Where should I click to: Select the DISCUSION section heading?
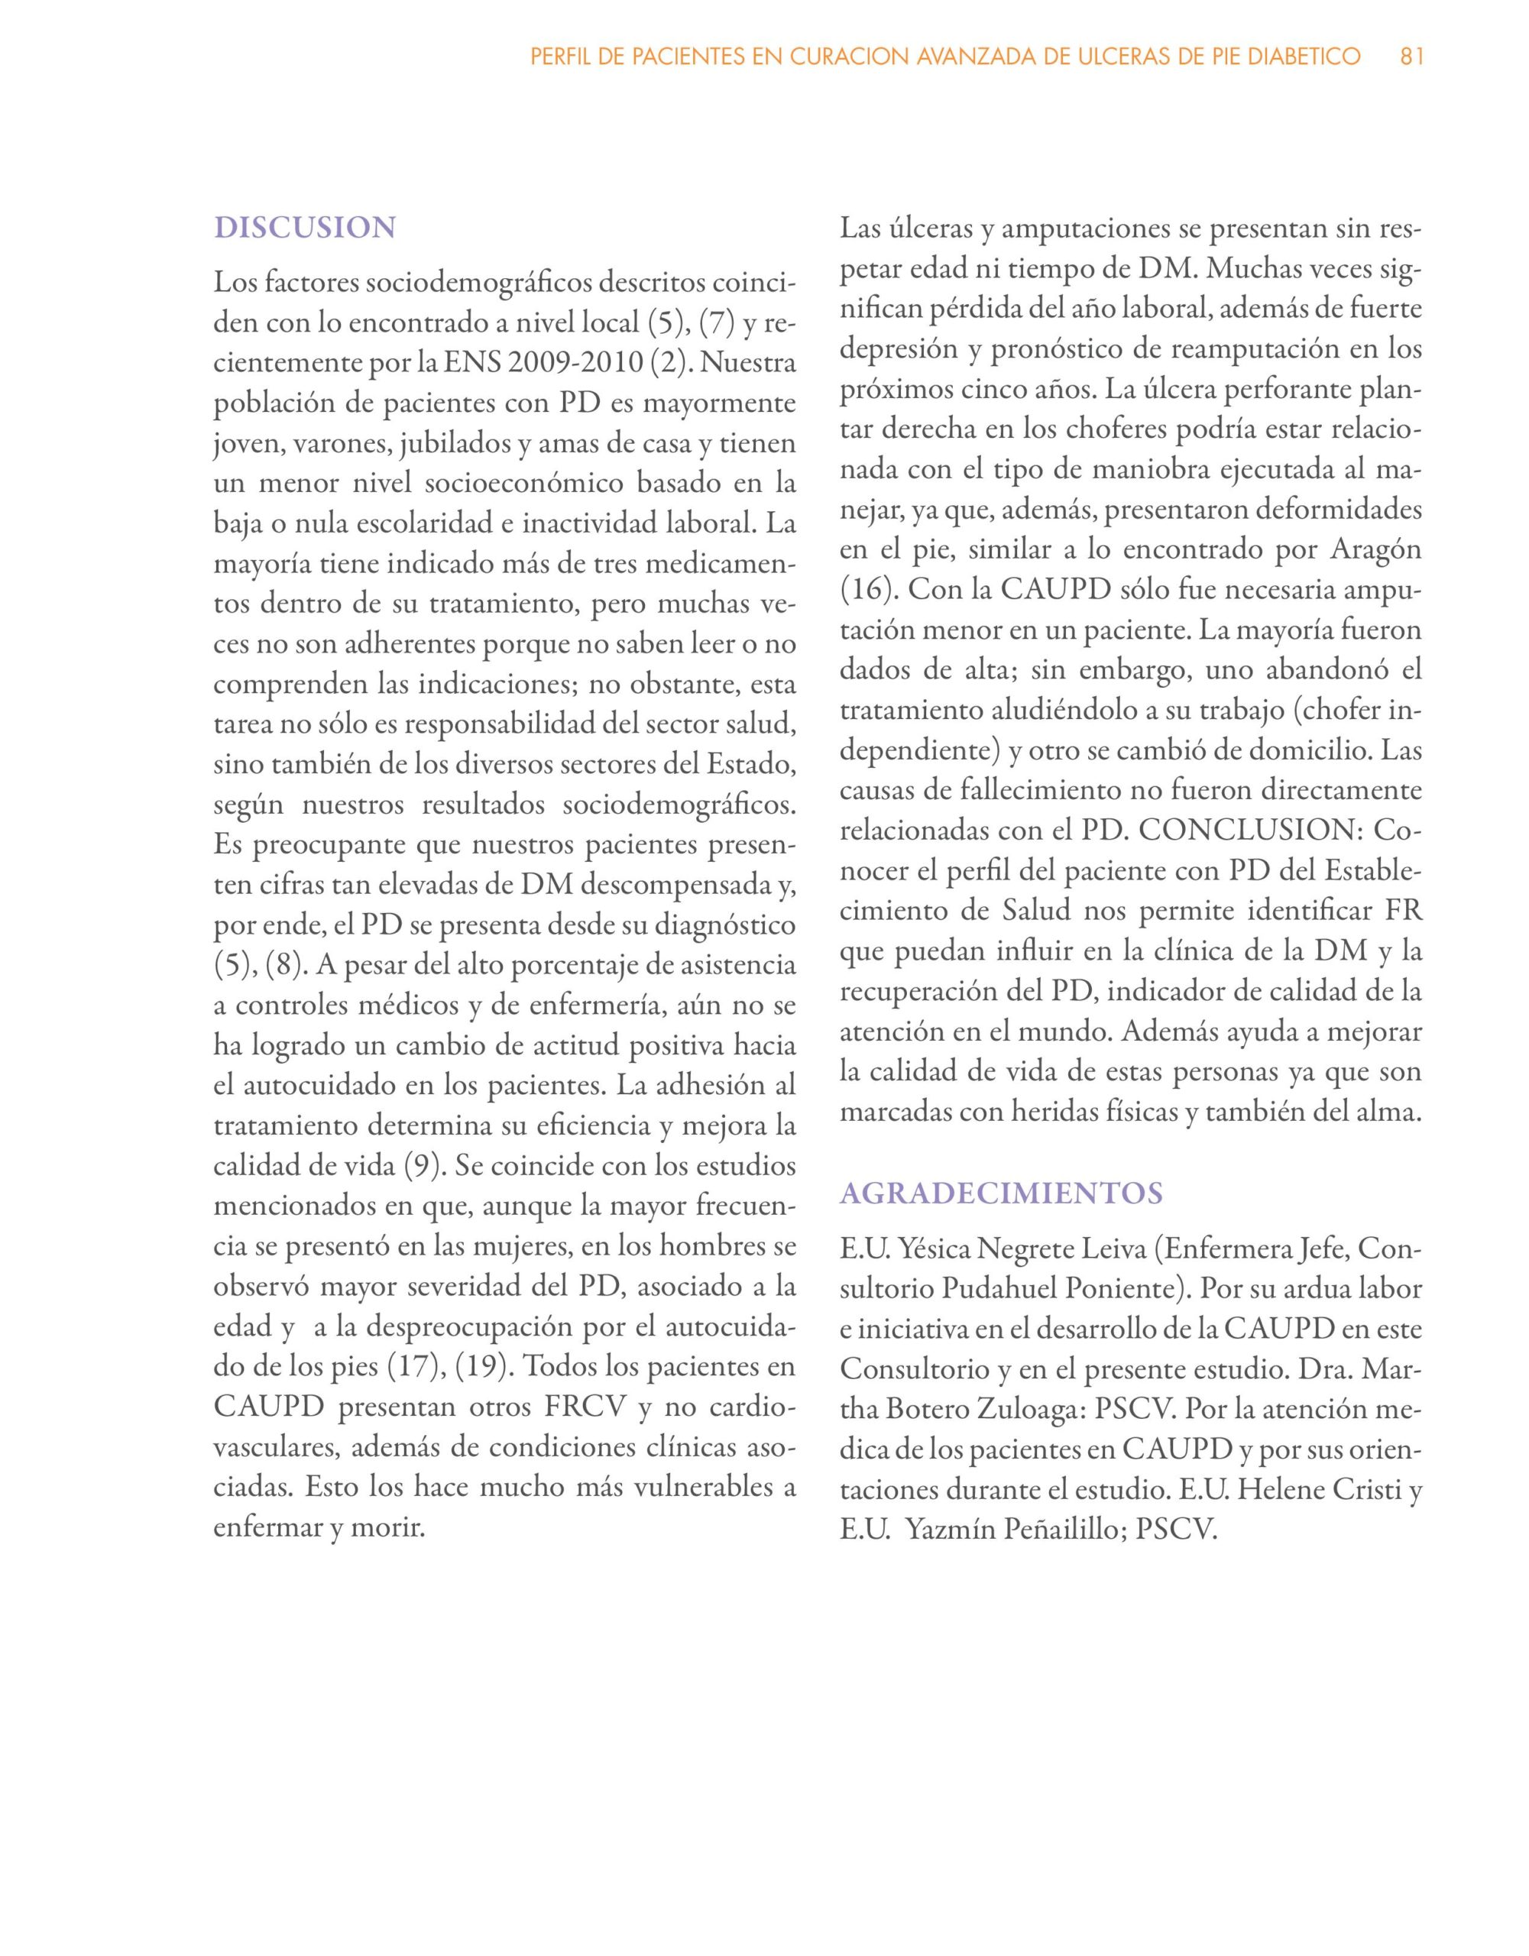coord(305,228)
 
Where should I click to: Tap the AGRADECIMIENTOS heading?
coord(1002,1193)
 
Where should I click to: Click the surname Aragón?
coord(1377,550)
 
